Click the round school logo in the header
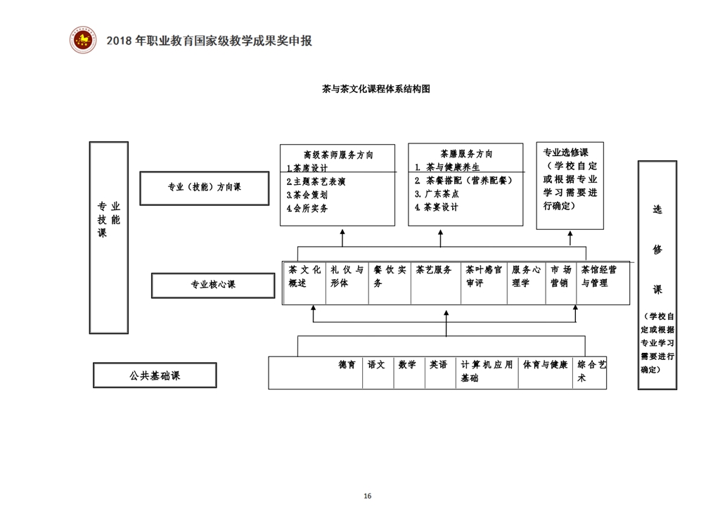(83, 39)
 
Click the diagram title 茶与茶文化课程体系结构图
(375, 89)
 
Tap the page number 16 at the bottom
(368, 496)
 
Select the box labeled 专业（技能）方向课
(204, 188)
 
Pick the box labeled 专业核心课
(212, 285)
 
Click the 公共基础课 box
(155, 375)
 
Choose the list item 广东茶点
(437, 194)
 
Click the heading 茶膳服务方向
(466, 154)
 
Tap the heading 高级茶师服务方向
(338, 155)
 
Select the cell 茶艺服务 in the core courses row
(434, 270)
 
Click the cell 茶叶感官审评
(483, 276)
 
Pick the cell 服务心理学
(526, 276)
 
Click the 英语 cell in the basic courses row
(439, 365)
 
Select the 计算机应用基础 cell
(487, 371)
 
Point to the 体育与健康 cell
(545, 365)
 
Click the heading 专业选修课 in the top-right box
(565, 153)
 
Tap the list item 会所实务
(307, 208)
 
